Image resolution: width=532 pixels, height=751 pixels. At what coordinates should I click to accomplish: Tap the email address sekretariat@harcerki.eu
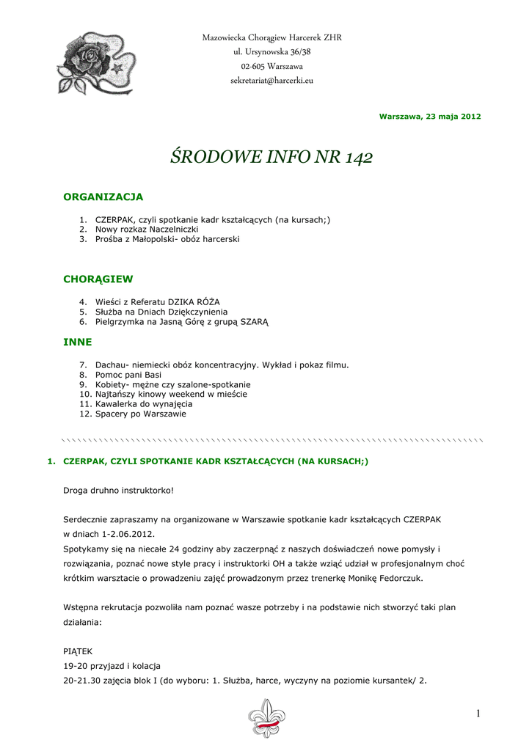coord(272,80)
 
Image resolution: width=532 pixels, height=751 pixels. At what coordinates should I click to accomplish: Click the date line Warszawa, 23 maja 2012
coord(430,117)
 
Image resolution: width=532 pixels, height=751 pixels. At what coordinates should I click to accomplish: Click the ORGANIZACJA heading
coord(103,197)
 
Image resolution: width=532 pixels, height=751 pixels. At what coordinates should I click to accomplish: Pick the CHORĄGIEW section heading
coord(98,279)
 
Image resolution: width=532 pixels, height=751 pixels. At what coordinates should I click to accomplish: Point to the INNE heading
coord(78,342)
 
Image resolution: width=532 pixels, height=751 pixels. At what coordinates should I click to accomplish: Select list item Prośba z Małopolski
coord(167,239)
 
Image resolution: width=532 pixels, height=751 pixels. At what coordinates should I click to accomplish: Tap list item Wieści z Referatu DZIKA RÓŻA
coord(158,301)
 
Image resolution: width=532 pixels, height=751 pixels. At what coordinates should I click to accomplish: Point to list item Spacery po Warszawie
coord(141,414)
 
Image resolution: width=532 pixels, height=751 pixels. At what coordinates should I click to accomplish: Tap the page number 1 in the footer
coord(476,714)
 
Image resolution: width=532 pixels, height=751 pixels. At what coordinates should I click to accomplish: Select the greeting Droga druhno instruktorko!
coord(118,489)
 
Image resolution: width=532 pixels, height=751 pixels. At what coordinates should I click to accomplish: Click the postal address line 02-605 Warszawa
coord(272,66)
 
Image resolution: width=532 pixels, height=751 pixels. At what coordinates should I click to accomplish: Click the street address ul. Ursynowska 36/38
coord(272,52)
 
